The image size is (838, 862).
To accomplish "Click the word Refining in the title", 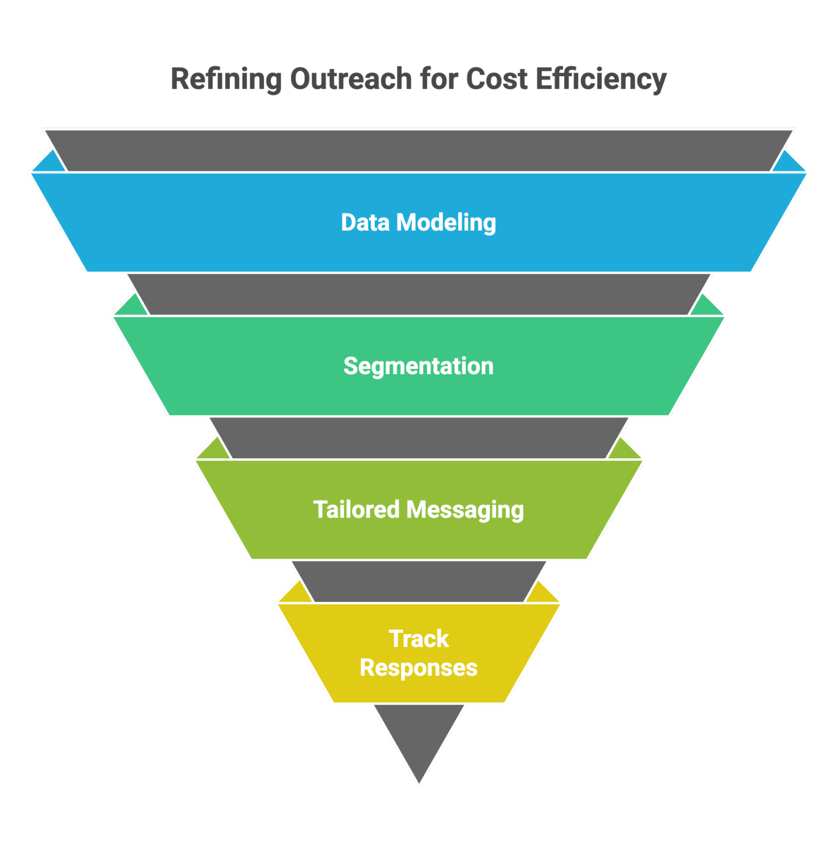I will coord(226,79).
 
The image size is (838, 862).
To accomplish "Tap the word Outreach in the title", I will coord(351,79).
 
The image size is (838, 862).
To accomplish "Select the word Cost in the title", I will coord(496,79).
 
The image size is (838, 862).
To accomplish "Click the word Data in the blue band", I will coord(365,223).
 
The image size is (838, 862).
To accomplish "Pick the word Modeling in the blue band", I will coord(446,223).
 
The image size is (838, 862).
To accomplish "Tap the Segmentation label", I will coord(419,366).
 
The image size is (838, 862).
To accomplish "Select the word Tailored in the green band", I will coord(356,509).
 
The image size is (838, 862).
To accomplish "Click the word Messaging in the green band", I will coord(465,509).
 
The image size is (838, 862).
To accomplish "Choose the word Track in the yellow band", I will coord(419,638).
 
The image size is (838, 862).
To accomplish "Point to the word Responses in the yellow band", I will coord(419,668).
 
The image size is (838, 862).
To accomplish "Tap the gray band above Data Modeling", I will coord(419,150).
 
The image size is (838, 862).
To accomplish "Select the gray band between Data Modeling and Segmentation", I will coord(419,294).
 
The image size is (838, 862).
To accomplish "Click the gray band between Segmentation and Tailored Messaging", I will coord(419,438).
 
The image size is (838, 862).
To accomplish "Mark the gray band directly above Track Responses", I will coord(419,581).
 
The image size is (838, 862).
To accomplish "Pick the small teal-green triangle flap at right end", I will coord(707,307).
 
